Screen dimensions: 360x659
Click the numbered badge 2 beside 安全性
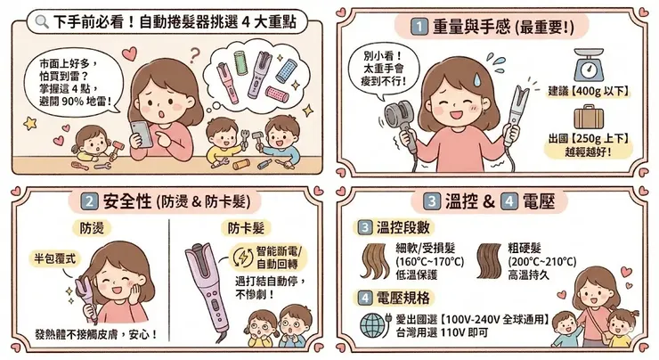pos(90,202)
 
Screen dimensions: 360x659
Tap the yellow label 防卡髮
pos(244,227)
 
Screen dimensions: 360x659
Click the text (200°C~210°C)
pos(540,264)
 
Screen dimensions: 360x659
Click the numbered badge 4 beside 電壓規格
pos(365,298)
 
